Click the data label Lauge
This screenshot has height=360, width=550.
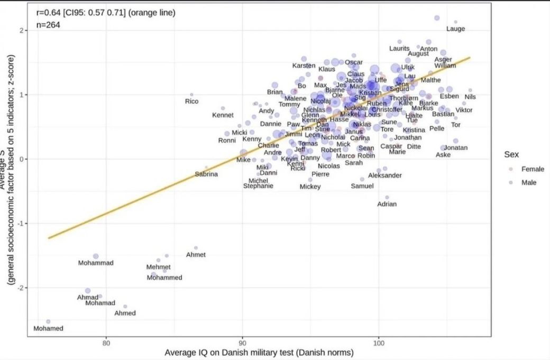point(456,29)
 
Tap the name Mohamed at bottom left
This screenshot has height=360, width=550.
point(48,328)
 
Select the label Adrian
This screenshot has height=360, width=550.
point(387,204)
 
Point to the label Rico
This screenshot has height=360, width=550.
point(191,101)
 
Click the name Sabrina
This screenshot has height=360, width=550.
point(206,174)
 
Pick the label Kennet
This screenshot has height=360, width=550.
point(223,115)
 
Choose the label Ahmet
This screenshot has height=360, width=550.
point(196,255)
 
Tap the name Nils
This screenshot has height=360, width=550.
point(470,97)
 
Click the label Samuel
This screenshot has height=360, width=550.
point(362,186)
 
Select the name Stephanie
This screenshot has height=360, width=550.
point(258,186)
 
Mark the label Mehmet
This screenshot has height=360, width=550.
point(158,267)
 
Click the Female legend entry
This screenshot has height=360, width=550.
point(533,169)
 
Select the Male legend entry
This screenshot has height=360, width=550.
point(529,182)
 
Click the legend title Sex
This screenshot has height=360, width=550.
point(511,155)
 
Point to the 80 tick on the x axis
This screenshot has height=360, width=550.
point(106,343)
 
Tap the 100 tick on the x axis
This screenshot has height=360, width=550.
point(379,343)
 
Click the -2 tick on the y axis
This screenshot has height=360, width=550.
point(21,288)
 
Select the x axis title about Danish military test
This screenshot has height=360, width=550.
point(259,353)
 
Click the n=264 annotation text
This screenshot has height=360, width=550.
point(48,24)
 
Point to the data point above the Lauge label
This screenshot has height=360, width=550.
point(455,22)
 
